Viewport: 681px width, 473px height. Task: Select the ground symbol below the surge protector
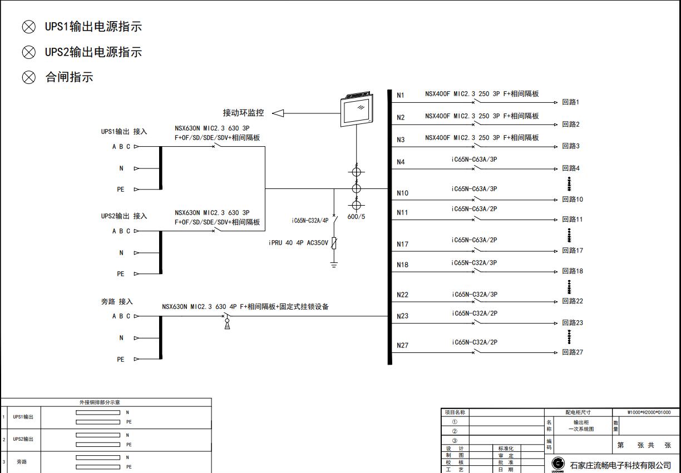(x=334, y=265)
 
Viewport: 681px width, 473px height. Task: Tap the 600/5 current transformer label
(x=356, y=216)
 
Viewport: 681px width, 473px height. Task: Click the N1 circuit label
(x=401, y=96)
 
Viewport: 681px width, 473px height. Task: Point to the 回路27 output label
(x=572, y=352)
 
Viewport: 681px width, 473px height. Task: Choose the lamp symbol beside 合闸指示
(x=29, y=77)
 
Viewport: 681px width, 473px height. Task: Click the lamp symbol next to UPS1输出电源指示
(x=29, y=27)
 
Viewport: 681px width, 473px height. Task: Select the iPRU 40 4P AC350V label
(x=298, y=243)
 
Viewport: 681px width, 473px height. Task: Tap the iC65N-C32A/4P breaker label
(x=310, y=221)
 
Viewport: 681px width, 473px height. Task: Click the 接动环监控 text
(x=243, y=113)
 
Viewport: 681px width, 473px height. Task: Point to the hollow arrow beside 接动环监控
(x=278, y=113)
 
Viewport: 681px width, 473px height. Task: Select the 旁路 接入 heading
(x=117, y=302)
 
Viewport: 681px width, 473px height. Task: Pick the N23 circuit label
(x=402, y=316)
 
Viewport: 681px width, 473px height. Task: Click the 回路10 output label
(x=572, y=200)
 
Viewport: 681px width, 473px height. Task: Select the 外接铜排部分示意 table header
(x=106, y=402)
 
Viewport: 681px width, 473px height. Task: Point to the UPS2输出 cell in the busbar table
(x=23, y=439)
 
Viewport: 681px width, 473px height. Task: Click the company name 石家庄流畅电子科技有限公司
(x=620, y=465)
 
